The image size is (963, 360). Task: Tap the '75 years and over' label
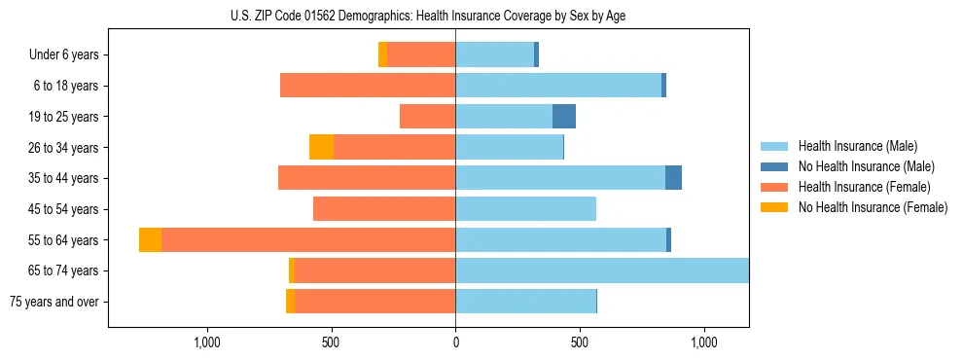(x=53, y=302)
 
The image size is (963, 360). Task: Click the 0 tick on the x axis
(x=455, y=342)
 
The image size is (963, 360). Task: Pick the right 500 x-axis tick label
(x=580, y=342)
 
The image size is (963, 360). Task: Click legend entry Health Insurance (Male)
(x=857, y=146)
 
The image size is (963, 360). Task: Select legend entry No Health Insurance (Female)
(x=873, y=207)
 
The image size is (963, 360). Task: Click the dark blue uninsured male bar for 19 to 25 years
(x=564, y=117)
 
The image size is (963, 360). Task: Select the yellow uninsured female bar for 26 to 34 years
(x=321, y=147)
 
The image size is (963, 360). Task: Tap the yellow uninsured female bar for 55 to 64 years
(x=150, y=240)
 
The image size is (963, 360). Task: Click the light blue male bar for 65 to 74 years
(x=602, y=270)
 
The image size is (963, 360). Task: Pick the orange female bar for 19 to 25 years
(x=427, y=117)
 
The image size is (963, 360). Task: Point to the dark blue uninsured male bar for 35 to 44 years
(x=673, y=178)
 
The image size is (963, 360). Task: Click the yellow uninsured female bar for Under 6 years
(x=382, y=55)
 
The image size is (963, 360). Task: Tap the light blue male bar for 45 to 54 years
(x=525, y=209)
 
